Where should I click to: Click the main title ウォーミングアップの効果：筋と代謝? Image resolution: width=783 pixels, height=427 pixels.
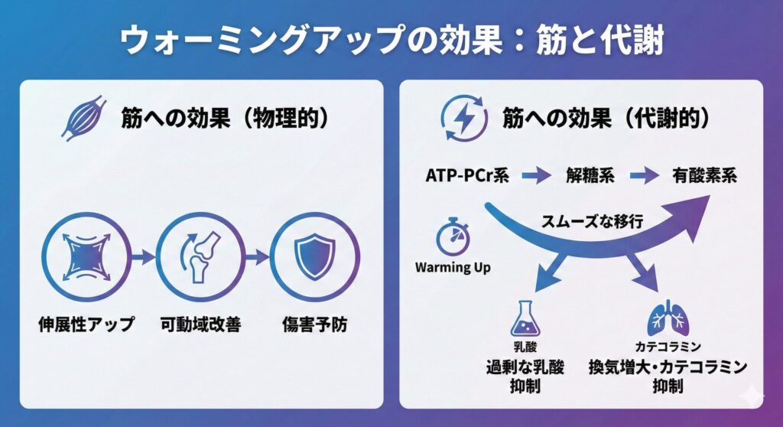coord(391,41)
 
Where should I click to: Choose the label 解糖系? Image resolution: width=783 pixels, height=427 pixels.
coord(590,175)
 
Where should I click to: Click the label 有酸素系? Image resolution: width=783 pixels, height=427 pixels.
coord(704,175)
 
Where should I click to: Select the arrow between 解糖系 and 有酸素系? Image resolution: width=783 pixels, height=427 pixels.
coord(644,176)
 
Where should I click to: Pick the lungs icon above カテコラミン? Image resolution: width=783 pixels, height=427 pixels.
coord(664,319)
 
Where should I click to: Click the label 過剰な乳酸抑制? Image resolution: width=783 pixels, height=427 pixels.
coord(525,375)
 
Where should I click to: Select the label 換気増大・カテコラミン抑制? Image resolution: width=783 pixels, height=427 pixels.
coord(667,375)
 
